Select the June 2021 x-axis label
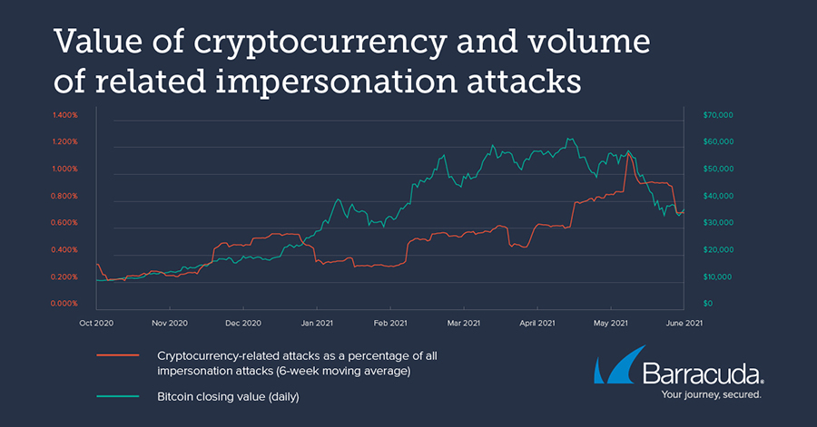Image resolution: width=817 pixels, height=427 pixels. (x=683, y=322)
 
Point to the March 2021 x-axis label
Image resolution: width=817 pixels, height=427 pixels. (x=464, y=322)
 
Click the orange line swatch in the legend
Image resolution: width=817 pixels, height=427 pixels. (x=118, y=356)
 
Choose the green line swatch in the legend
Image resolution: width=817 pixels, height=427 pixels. (x=118, y=396)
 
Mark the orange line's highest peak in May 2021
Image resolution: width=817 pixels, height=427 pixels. (x=628, y=153)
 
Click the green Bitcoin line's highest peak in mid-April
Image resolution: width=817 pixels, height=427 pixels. (x=568, y=139)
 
